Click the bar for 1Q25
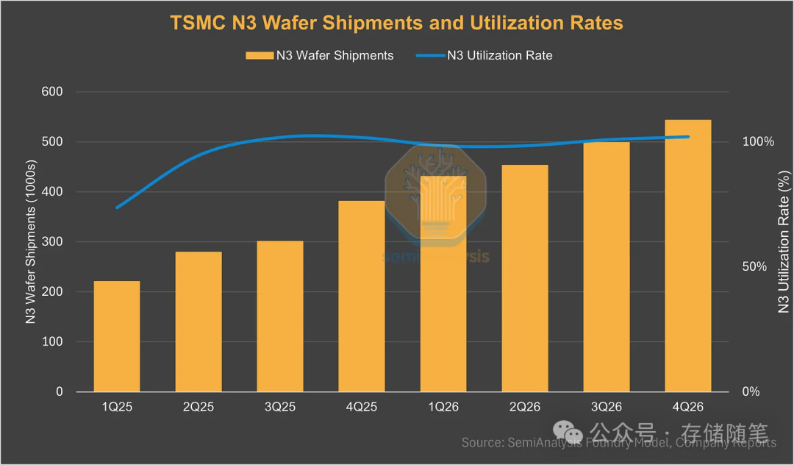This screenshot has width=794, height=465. click(x=117, y=336)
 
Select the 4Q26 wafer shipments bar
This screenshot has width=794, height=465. click(x=688, y=255)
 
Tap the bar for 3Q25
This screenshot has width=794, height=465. click(x=280, y=316)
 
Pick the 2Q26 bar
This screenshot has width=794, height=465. click(x=525, y=278)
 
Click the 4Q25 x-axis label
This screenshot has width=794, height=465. click(x=362, y=407)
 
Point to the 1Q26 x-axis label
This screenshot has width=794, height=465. click(x=443, y=407)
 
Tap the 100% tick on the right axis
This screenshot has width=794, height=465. click(x=758, y=142)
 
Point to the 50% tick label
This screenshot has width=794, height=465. click(x=754, y=267)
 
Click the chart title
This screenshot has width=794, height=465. click(x=397, y=23)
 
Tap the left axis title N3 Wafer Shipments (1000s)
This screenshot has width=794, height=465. click(x=31, y=242)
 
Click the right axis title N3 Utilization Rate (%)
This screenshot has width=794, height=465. click(x=784, y=242)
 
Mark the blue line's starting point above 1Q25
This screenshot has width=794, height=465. click(x=118, y=207)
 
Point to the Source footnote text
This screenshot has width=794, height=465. click(x=618, y=442)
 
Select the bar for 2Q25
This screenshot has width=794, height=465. click(x=198, y=322)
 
